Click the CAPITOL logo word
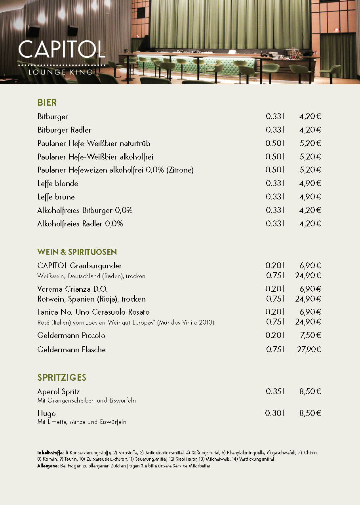coord(61,49)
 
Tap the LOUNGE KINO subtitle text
coord(61,72)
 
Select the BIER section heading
coord(47,103)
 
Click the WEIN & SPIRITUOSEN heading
coord(77,252)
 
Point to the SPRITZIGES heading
coord(62,378)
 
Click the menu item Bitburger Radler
coord(64,130)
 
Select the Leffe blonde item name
coord(57,183)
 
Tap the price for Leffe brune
coord(310,197)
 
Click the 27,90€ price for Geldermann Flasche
coord(309,349)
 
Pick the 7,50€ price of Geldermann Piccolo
coord(310,335)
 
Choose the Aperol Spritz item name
coord(59,391)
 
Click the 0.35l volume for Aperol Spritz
coord(275,391)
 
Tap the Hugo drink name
coord(46,413)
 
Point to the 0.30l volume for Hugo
coord(275,413)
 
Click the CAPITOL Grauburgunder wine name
coord(80,266)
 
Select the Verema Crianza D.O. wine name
coord(72,289)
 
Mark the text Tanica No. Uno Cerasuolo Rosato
coord(93,312)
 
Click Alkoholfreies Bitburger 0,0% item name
coord(85,210)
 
